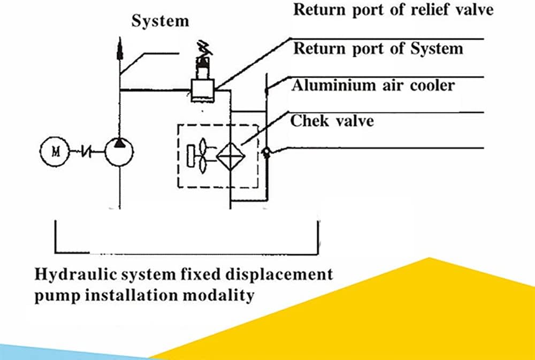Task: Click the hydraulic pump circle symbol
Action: pos(119,152)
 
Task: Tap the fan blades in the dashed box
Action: pos(202,156)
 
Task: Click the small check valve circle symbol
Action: pos(266,153)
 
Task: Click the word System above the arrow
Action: pos(160,21)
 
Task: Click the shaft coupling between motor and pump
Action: pos(86,153)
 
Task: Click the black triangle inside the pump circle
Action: pos(119,142)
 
